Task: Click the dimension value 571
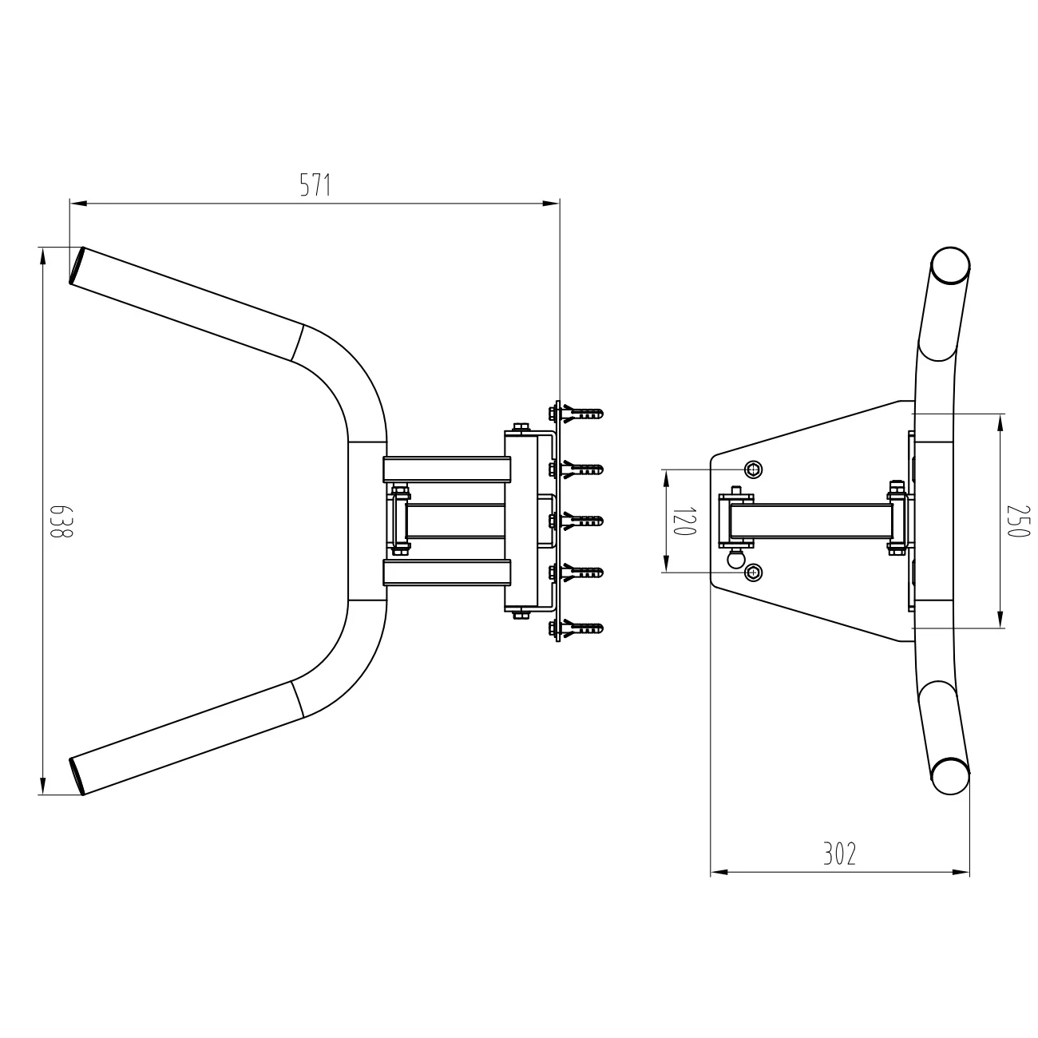click(x=315, y=185)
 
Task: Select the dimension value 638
click(x=61, y=521)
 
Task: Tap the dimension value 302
click(x=839, y=854)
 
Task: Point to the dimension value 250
click(x=1017, y=521)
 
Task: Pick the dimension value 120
click(x=685, y=521)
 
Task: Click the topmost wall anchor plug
click(x=583, y=414)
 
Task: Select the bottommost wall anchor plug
click(x=583, y=628)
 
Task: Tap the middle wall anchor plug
click(x=583, y=521)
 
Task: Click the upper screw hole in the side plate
click(x=754, y=469)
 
